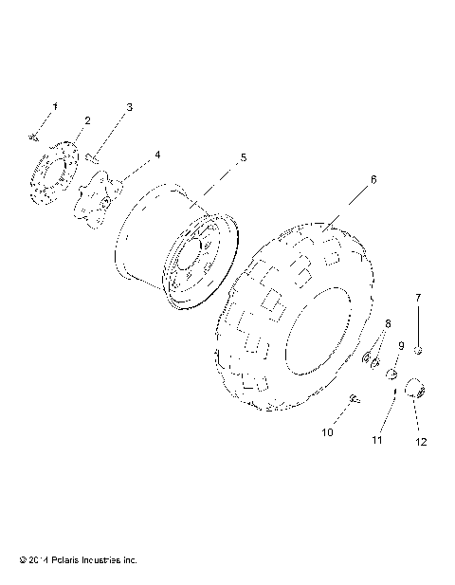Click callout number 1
coord(54,106)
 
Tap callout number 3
coord(129,107)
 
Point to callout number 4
coord(157,154)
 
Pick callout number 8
coord(387,324)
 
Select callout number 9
coord(400,346)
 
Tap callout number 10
coord(328,432)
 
